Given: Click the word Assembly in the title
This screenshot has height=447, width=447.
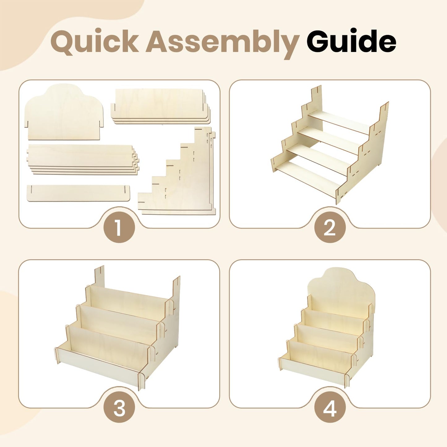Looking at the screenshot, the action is (x=222, y=43).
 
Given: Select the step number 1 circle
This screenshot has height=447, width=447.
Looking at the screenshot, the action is (x=119, y=227).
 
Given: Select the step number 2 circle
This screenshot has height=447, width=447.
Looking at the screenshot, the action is (x=330, y=227).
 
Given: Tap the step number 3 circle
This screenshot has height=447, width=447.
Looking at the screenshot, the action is (x=119, y=407).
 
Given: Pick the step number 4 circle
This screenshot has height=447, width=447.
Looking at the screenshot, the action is (x=330, y=407).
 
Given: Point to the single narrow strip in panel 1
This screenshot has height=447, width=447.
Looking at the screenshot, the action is (x=78, y=193).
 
